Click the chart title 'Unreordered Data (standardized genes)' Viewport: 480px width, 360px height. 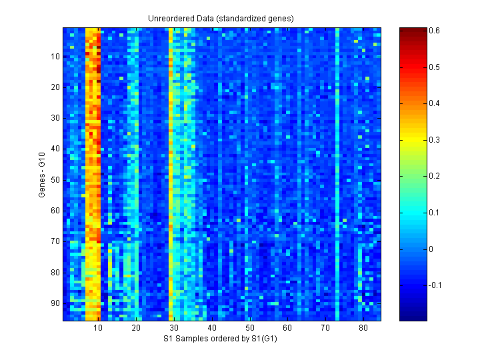point(221,18)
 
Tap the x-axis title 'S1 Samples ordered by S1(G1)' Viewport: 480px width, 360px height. point(221,339)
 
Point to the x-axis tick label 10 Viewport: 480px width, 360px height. point(99,329)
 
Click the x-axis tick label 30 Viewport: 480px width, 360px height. point(174,329)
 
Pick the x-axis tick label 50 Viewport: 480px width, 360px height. point(249,329)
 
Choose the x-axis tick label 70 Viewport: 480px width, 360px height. point(325,329)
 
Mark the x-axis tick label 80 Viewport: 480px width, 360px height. point(363,329)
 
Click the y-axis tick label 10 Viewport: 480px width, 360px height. point(54,57)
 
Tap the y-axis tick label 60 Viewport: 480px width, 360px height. point(54,211)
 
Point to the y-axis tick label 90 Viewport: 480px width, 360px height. point(54,303)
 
